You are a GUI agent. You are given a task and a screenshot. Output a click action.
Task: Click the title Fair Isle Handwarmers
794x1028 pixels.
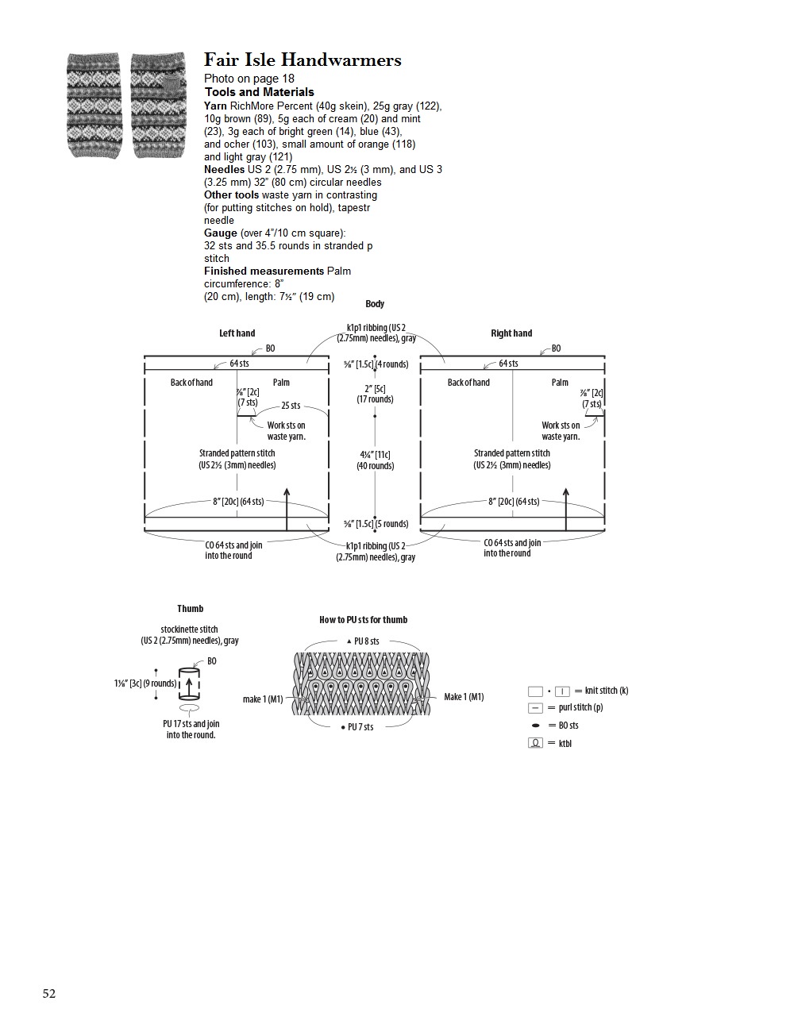click(303, 60)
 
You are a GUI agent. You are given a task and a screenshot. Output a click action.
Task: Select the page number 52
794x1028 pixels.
click(49, 994)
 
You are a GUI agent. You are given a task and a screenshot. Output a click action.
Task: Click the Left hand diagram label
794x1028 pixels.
click(237, 333)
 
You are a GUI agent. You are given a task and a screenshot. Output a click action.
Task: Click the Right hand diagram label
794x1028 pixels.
click(511, 333)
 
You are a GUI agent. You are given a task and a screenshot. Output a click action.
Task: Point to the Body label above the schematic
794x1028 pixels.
click(375, 304)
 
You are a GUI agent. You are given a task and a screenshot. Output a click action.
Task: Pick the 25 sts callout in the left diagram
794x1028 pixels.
click(291, 406)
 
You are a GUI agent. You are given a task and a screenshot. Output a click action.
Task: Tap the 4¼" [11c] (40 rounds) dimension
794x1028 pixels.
click(376, 460)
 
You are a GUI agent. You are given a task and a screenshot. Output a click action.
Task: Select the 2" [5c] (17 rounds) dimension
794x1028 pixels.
click(375, 394)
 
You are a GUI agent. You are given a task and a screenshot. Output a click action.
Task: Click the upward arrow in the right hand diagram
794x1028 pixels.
click(566, 508)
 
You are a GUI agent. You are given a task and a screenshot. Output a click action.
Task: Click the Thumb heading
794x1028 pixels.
click(191, 609)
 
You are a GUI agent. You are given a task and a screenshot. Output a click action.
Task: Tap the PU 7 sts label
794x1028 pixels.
click(360, 727)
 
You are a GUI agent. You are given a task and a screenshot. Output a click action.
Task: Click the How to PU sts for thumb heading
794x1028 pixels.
click(363, 620)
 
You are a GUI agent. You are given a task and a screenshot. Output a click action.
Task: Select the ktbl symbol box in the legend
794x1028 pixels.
click(536, 743)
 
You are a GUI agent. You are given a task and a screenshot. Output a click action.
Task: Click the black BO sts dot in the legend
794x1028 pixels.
click(536, 726)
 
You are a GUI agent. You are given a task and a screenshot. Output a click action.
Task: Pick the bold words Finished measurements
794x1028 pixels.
click(264, 271)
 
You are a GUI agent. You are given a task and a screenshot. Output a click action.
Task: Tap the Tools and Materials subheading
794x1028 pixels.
click(259, 92)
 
